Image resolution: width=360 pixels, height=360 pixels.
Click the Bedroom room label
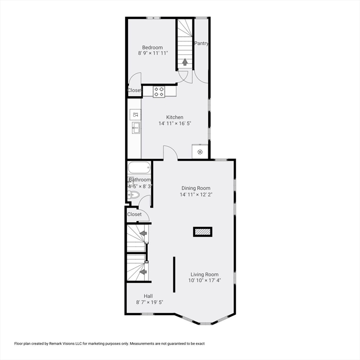(153, 47)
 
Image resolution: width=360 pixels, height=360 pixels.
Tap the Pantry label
(202, 44)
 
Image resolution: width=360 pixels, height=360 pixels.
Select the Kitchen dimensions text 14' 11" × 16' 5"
(175, 124)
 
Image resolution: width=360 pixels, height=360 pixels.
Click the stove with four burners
(159, 92)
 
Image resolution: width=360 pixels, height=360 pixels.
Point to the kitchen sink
(135, 127)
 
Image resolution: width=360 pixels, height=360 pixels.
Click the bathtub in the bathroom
(139, 168)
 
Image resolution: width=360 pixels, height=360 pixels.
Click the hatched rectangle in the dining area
(202, 232)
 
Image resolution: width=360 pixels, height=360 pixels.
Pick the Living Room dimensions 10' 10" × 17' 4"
(204, 281)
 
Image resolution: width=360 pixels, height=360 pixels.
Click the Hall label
(148, 296)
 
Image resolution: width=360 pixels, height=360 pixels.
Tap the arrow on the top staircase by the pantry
(185, 61)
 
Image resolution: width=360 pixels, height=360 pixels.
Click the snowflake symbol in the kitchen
(200, 151)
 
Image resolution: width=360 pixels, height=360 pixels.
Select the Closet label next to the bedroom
(135, 90)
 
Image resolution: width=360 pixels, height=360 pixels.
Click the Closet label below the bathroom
(135, 214)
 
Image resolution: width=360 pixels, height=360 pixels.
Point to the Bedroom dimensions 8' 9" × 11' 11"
(153, 53)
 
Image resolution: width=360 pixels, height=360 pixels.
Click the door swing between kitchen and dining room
(169, 153)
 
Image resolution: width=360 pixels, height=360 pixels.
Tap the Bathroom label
(140, 180)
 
